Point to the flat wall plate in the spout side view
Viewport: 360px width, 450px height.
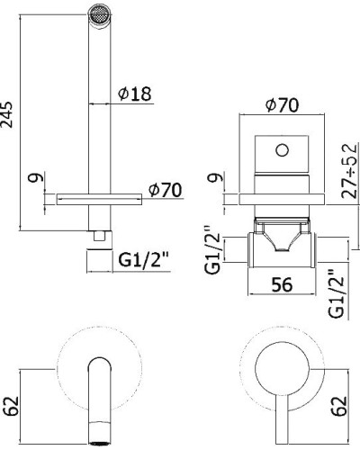pos(97,195)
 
